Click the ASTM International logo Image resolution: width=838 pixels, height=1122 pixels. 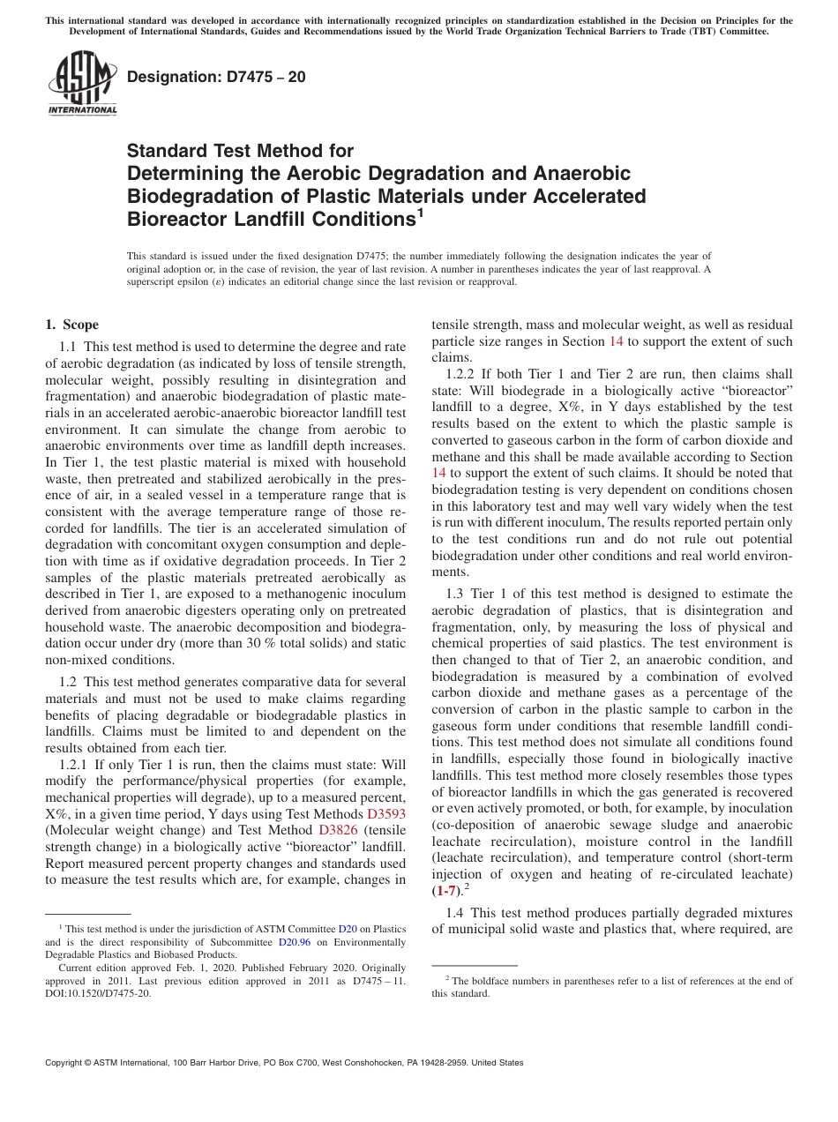point(82,84)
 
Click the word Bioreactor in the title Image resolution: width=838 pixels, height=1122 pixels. point(175,218)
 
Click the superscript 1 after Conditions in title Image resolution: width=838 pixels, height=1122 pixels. point(420,211)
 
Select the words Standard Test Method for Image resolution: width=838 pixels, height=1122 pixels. point(240,151)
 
